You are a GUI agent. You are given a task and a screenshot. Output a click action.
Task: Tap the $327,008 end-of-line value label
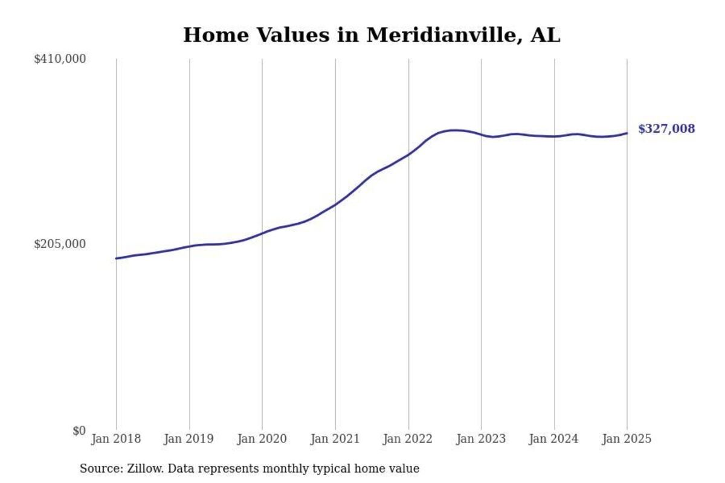pyautogui.click(x=666, y=129)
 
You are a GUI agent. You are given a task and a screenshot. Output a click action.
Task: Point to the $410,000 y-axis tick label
pyautogui.click(x=60, y=59)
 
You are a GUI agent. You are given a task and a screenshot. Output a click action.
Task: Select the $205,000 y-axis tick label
pyautogui.click(x=60, y=244)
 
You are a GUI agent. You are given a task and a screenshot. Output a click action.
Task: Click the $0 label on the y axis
pyautogui.click(x=79, y=430)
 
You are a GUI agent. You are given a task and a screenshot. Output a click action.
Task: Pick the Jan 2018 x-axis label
pyautogui.click(x=116, y=439)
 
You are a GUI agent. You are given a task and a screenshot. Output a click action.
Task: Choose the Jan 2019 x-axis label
pyautogui.click(x=189, y=439)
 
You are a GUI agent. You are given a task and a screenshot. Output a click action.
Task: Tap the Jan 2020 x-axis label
pyautogui.click(x=262, y=439)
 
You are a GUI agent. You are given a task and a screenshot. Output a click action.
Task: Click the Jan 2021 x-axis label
pyautogui.click(x=335, y=439)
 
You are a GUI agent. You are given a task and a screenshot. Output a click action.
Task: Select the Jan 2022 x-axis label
pyautogui.click(x=408, y=439)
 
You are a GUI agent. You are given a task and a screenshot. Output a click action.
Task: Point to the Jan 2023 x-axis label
pyautogui.click(x=482, y=439)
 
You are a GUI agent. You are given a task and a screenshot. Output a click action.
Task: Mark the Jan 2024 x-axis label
pyautogui.click(x=554, y=439)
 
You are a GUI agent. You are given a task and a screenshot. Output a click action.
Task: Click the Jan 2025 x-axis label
pyautogui.click(x=627, y=439)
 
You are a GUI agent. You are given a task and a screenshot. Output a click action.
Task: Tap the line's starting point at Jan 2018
pyautogui.click(x=116, y=258)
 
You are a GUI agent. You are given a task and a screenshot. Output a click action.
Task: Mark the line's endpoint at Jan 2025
pyautogui.click(x=627, y=133)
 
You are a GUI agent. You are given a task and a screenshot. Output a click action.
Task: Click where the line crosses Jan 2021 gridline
pyautogui.click(x=335, y=204)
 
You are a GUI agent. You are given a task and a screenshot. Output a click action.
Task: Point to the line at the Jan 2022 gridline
pyautogui.click(x=408, y=155)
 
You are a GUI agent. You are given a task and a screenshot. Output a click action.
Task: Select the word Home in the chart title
pyautogui.click(x=211, y=35)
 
